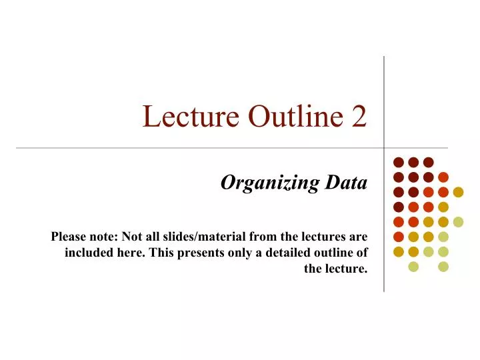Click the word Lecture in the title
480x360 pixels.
click(x=191, y=117)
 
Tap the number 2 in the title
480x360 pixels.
click(x=359, y=117)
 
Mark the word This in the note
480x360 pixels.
click(x=165, y=253)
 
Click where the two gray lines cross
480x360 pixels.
click(x=384, y=147)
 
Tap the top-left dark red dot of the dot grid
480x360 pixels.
click(x=398, y=162)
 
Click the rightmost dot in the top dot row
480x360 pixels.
click(x=429, y=162)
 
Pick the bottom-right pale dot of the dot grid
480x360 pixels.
click(x=443, y=267)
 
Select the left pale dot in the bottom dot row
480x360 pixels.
click(x=413, y=267)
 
